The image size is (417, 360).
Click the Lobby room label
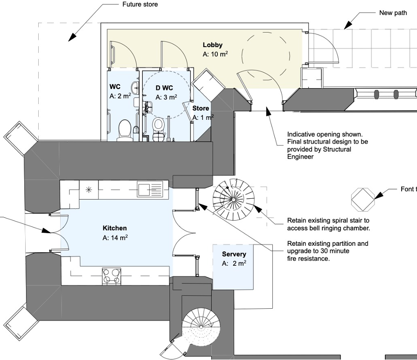tap(213, 45)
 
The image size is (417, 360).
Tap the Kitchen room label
tap(115, 228)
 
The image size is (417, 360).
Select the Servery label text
tap(234, 254)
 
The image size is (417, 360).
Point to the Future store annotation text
tap(140, 4)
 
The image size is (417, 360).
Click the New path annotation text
tap(393, 13)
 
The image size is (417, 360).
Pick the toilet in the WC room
tap(125, 130)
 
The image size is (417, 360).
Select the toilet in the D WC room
tap(159, 129)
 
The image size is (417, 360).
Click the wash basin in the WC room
tap(135, 87)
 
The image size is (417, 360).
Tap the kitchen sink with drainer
tap(150, 189)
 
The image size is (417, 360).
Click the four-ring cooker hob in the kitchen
tap(111, 277)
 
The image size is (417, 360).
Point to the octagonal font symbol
tap(363, 200)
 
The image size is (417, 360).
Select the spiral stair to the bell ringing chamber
tap(234, 200)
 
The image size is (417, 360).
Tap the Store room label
tap(201, 109)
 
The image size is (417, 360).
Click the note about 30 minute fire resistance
tap(327, 251)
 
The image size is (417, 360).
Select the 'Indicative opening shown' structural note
tap(327, 145)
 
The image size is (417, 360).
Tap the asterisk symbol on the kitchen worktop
tap(89, 190)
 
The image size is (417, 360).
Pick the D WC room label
tap(164, 88)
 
